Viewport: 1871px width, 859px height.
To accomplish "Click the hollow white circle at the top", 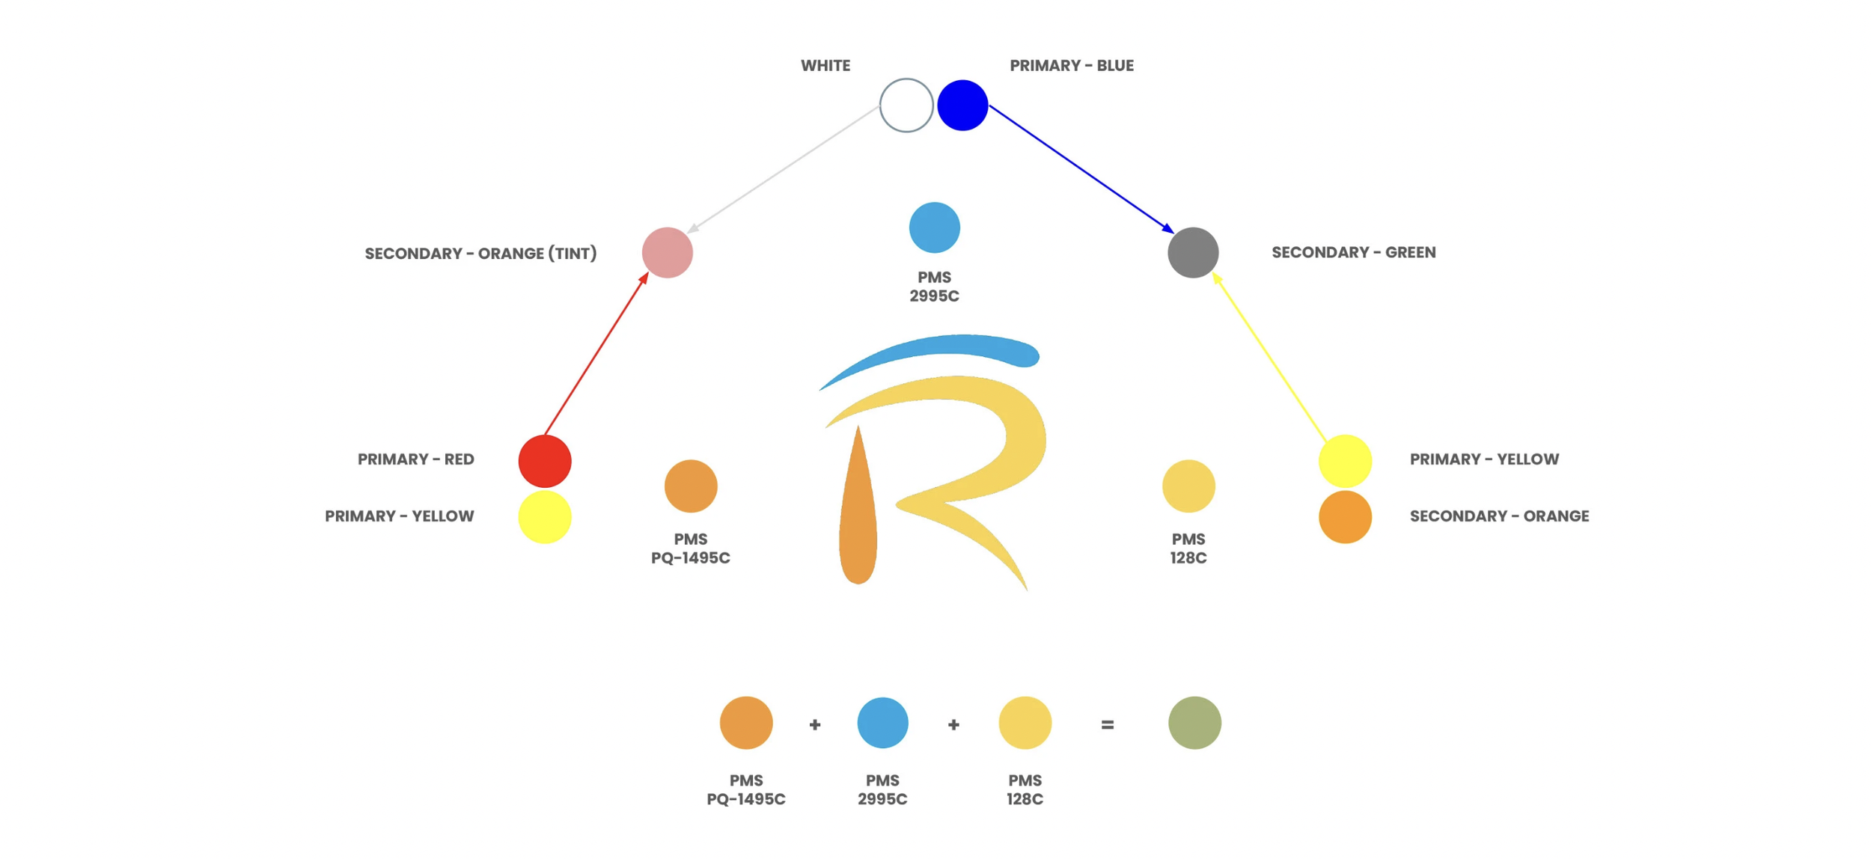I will pos(906,106).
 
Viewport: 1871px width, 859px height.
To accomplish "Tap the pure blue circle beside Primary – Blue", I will pos(962,106).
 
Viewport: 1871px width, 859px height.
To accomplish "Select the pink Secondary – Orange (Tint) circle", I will pos(667,253).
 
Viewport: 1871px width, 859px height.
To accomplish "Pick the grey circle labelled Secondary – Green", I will pos(1193,253).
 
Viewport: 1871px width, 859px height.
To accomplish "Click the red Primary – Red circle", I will pos(545,461).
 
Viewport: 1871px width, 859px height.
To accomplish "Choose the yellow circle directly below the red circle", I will pos(545,517).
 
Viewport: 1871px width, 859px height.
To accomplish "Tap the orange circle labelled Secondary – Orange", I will pos(1345,517).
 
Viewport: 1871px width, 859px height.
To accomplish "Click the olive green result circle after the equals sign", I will pos(1194,723).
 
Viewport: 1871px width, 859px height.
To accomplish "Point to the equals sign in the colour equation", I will pos(1108,724).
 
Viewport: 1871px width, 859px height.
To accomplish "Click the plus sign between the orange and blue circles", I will pos(815,724).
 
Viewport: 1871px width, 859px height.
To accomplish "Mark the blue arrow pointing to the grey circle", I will pos(1081,168).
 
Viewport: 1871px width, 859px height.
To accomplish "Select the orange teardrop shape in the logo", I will pos(858,516).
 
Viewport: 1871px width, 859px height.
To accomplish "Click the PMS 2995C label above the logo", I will pos(934,287).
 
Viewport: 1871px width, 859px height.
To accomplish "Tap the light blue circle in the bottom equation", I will pos(882,723).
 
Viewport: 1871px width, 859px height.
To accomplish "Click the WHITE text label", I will pos(825,66).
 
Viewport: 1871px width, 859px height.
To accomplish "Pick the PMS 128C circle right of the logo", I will pos(1188,486).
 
